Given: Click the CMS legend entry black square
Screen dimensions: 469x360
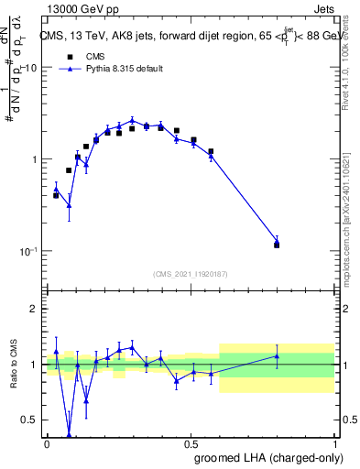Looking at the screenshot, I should click(x=70, y=56).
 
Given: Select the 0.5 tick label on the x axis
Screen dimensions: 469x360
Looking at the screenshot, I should click(x=191, y=443).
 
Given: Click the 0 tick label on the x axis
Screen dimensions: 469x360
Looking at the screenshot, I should click(x=47, y=443).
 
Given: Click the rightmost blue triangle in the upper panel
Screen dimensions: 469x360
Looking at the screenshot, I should click(x=277, y=242).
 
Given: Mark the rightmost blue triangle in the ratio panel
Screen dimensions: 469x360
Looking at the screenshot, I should click(x=277, y=355).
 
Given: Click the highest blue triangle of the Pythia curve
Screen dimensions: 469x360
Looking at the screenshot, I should click(x=132, y=120).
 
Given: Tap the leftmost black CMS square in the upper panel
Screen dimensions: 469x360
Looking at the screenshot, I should click(x=56, y=195).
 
